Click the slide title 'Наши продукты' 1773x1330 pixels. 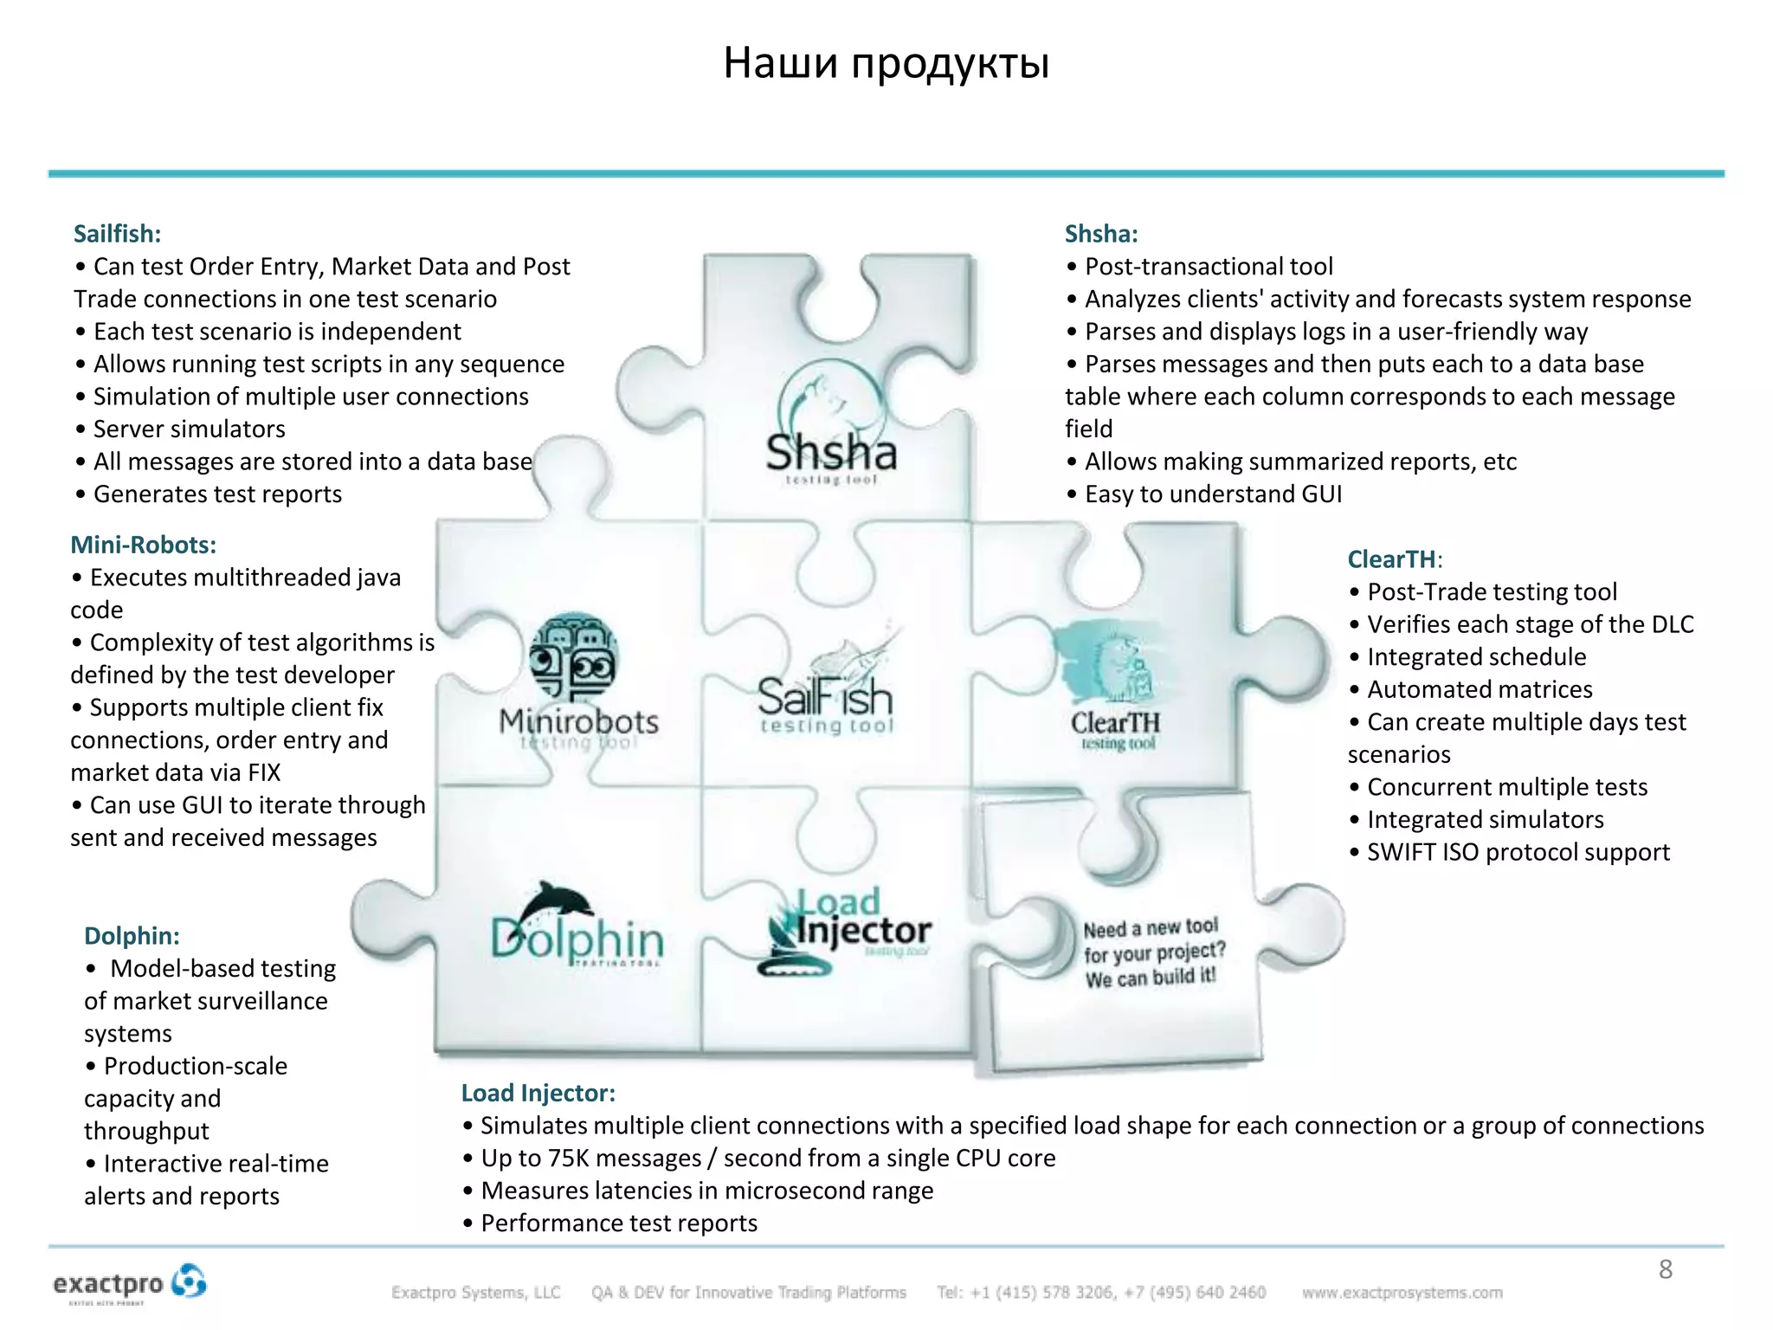[886, 63]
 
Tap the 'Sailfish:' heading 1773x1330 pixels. [117, 234]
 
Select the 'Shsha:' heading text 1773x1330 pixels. [1100, 234]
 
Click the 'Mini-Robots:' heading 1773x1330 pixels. [143, 545]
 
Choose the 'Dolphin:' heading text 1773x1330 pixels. [132, 936]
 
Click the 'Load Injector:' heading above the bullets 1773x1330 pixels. [538, 1093]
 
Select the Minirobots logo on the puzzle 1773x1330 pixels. [577, 684]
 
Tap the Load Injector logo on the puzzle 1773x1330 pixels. [844, 931]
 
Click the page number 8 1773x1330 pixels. [1665, 1269]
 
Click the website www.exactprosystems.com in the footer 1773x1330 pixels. [1402, 1293]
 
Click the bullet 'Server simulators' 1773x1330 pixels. [189, 429]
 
